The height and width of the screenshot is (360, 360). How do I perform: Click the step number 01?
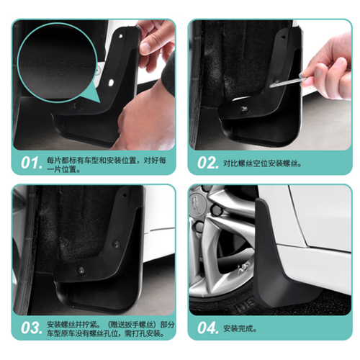click(31, 163)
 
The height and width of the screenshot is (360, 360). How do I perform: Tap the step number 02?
click(208, 163)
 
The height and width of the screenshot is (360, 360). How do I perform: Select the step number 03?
click(31, 328)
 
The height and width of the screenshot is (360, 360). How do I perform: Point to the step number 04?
click(208, 328)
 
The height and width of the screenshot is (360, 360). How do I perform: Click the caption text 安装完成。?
click(240, 328)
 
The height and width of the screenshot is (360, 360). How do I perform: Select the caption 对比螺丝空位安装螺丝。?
click(262, 163)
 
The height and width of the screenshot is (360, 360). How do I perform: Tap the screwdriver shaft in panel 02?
click(286, 82)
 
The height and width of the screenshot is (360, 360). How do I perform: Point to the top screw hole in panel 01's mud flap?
click(120, 36)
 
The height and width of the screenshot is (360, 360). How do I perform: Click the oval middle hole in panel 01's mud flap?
click(111, 83)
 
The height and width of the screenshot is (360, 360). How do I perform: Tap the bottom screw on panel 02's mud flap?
click(245, 109)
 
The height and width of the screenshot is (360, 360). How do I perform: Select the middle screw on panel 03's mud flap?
click(117, 244)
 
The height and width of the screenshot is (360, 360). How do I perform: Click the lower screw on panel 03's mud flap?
click(81, 270)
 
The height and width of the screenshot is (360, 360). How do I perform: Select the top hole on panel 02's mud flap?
click(284, 37)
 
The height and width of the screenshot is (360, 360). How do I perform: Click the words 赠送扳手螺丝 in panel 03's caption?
click(131, 325)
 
